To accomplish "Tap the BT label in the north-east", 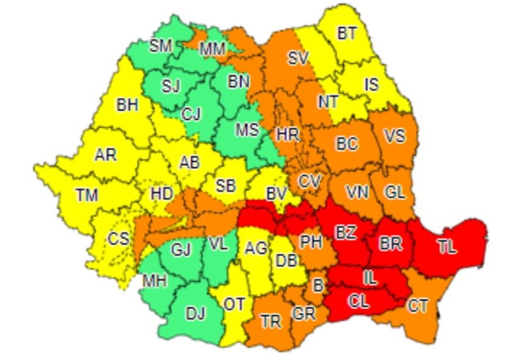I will (x=346, y=34).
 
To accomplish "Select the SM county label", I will (x=161, y=46).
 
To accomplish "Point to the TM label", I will (x=87, y=196).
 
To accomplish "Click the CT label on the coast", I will (x=418, y=306).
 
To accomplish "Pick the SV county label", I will (x=299, y=59).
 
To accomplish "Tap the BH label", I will (x=127, y=105).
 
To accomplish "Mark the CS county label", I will (x=118, y=239).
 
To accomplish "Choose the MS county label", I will (x=247, y=129).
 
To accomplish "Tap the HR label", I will (x=288, y=134).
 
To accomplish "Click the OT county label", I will (x=234, y=304).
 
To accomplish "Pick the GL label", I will (x=395, y=192).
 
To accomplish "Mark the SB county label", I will (x=225, y=185).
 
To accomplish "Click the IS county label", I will (x=371, y=84).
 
